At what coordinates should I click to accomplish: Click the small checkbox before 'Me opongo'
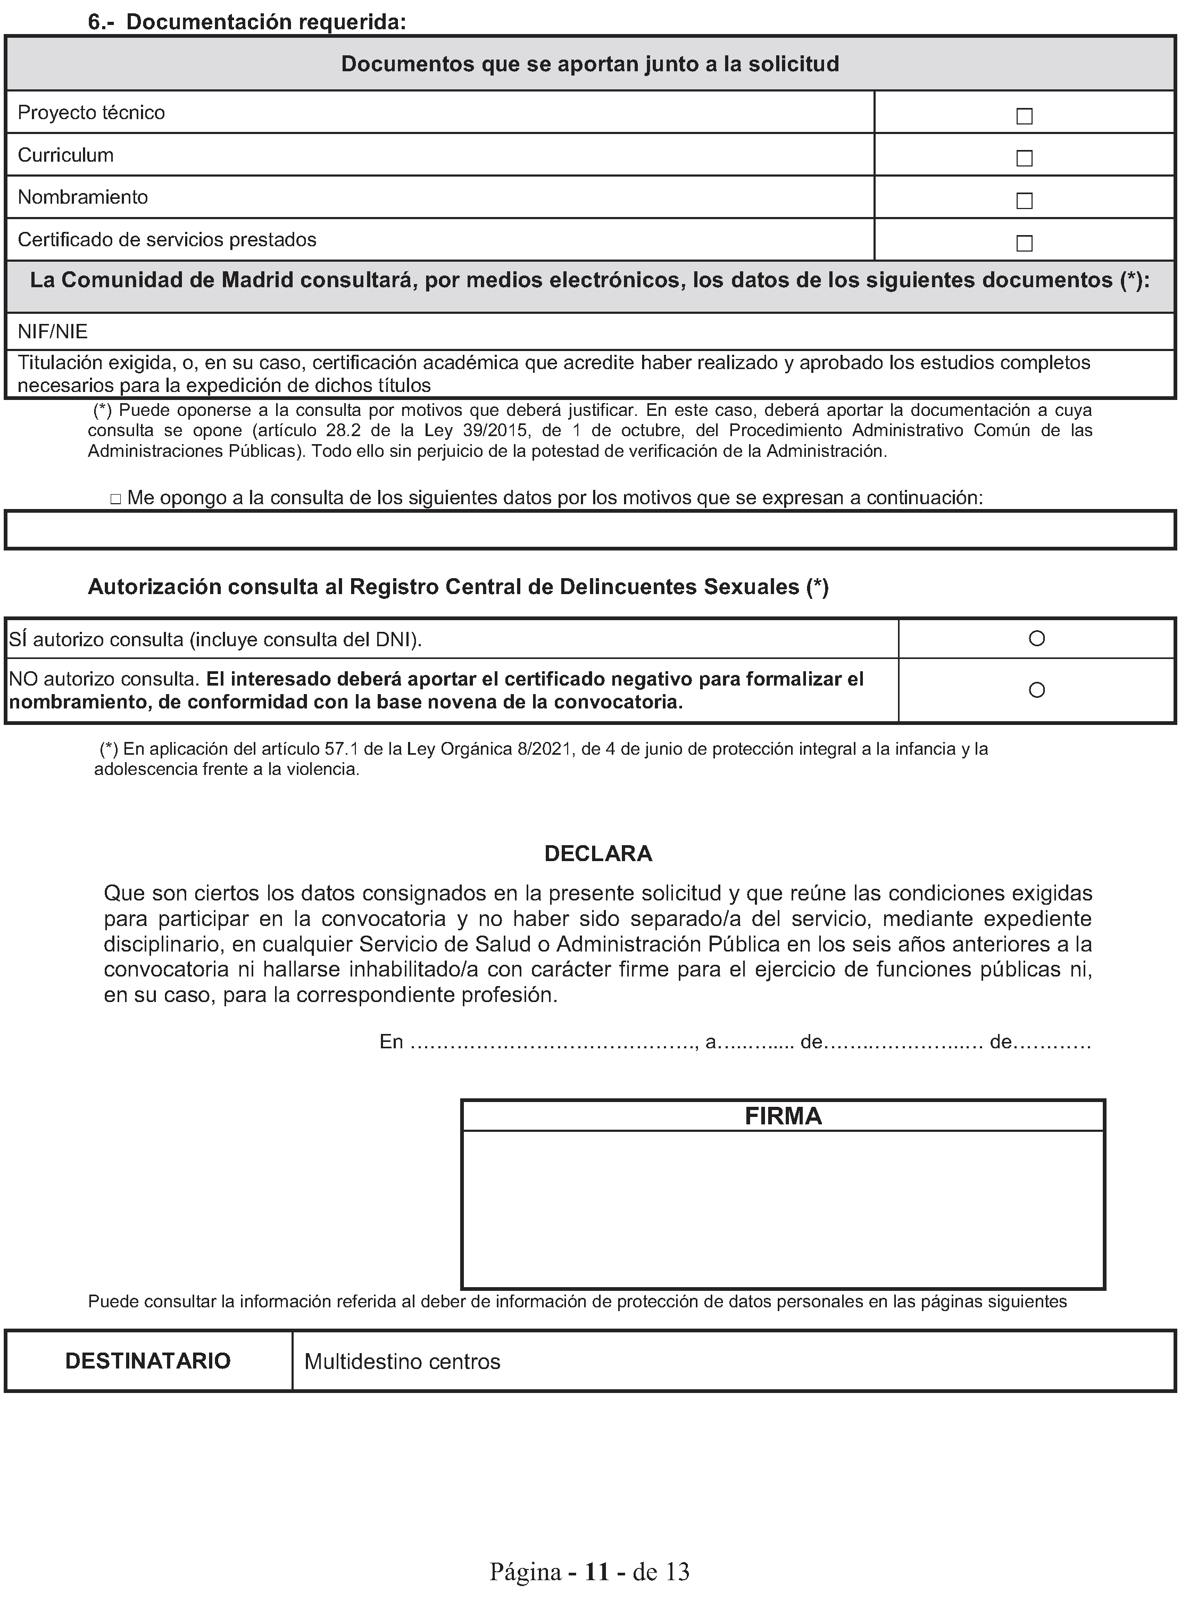click(116, 499)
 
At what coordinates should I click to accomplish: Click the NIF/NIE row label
click(52, 331)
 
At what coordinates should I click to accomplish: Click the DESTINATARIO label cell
click(148, 1361)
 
